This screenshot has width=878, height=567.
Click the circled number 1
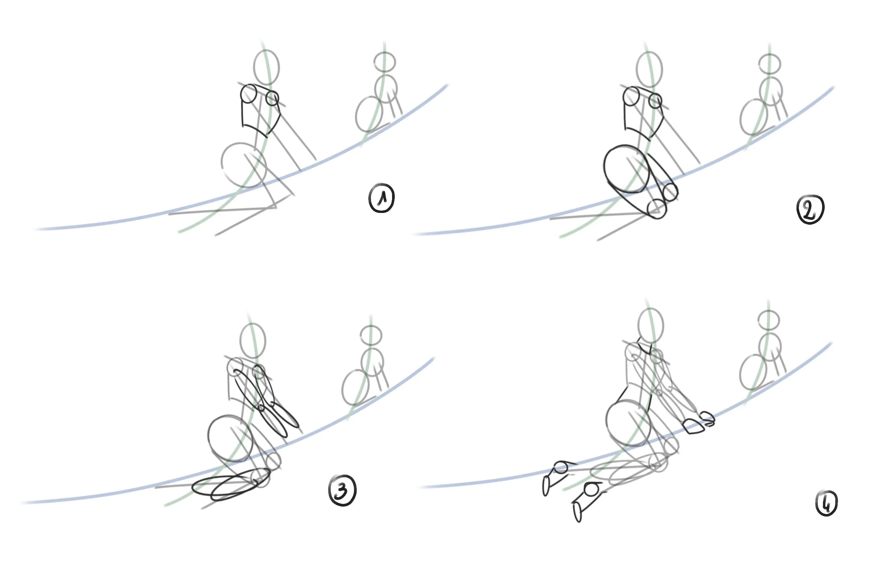pyautogui.click(x=382, y=198)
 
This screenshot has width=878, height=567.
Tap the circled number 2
pyautogui.click(x=810, y=209)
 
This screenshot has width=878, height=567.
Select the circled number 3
pyautogui.click(x=342, y=490)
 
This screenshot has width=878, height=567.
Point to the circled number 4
pyautogui.click(x=827, y=503)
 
